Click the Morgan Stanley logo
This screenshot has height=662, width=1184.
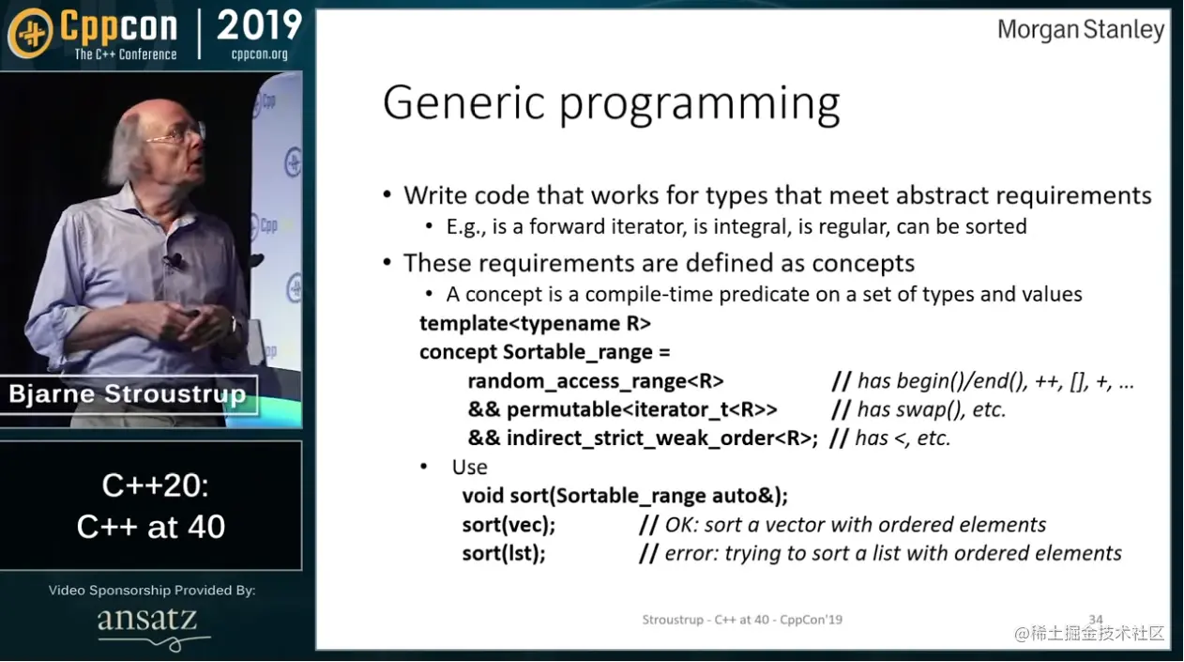tap(1081, 30)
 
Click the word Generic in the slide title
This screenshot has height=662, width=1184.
tap(463, 102)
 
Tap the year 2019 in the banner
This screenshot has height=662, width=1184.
tap(259, 24)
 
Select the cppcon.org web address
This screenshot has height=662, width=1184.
tap(260, 54)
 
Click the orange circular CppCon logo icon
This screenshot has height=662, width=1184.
tap(30, 33)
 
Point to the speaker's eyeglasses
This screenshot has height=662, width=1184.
tap(177, 135)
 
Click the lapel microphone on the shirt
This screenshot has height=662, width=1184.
tap(174, 260)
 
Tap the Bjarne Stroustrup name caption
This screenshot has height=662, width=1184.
tap(128, 394)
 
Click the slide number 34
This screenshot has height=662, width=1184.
tap(1095, 619)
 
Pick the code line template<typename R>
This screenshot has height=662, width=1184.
tap(535, 323)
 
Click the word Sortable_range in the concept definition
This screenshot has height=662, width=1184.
tap(578, 352)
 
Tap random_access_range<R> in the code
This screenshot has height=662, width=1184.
tap(596, 381)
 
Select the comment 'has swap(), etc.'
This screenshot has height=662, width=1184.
tap(918, 409)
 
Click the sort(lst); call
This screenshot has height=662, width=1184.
tap(504, 553)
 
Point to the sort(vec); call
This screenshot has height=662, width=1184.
tap(509, 525)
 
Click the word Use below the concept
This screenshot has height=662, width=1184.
tap(469, 468)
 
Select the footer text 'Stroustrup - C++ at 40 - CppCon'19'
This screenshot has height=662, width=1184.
tap(742, 620)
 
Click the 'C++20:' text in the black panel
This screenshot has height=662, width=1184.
tap(155, 485)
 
